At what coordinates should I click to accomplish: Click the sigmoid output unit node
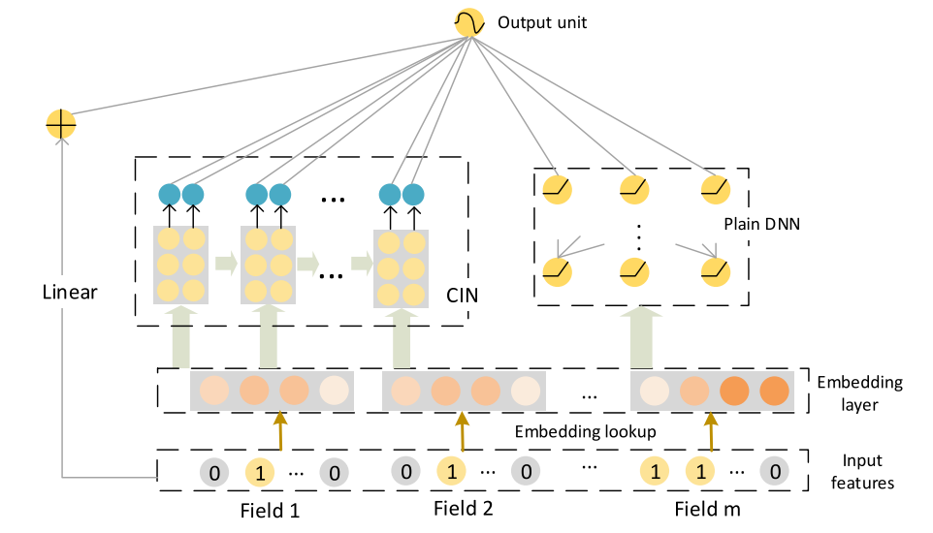(468, 23)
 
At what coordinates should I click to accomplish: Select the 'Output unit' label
(542, 22)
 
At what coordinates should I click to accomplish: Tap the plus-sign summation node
(61, 124)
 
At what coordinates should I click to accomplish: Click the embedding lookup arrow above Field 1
(281, 430)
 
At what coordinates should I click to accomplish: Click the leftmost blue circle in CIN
(171, 195)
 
